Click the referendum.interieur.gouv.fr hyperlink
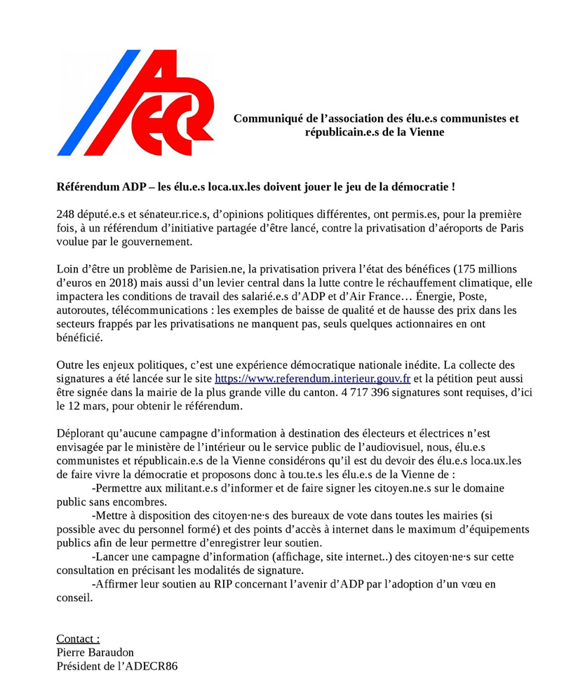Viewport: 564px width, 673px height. tap(312, 379)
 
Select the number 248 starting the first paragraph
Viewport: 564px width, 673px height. tap(66, 215)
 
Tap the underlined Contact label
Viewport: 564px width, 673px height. tap(78, 638)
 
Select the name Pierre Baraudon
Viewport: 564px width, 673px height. tap(95, 652)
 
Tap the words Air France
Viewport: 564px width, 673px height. tap(398, 297)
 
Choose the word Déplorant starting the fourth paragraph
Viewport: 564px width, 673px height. tap(83, 433)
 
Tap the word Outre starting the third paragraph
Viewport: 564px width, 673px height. tap(72, 365)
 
